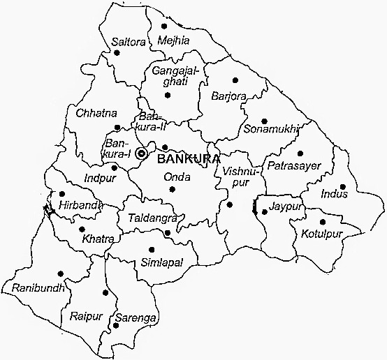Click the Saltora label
[129, 43]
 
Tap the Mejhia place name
[173, 40]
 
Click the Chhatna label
[96, 112]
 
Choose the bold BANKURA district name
[189, 158]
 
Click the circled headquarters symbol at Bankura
[142, 153]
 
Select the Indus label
[333, 194]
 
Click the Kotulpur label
[322, 233]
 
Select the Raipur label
[86, 317]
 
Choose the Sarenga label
[136, 317]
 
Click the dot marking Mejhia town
[163, 27]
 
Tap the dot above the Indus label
[342, 186]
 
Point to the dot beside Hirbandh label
[62, 194]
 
